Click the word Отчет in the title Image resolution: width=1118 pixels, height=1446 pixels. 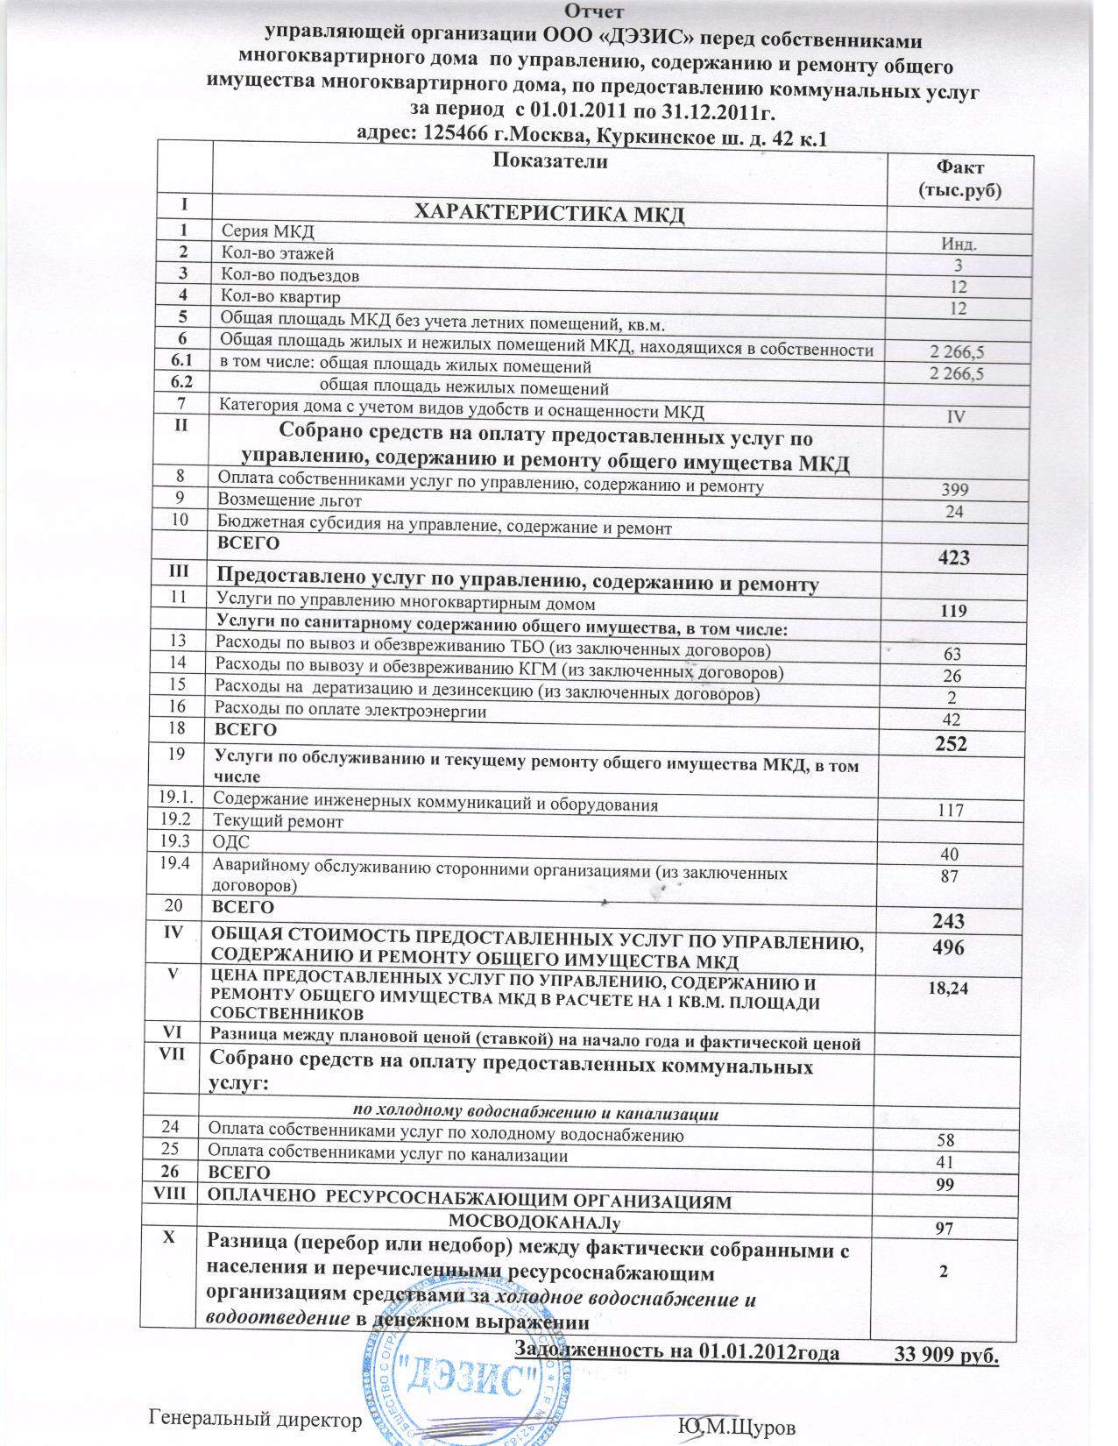coord(594,11)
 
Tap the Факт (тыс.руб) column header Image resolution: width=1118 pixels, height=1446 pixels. coord(959,178)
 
